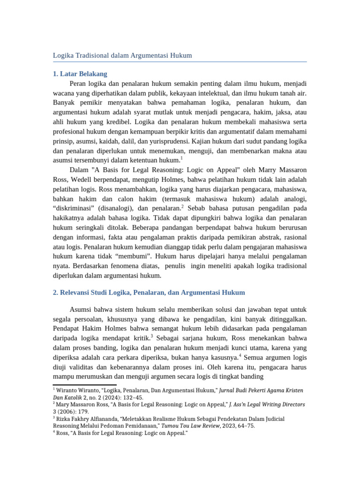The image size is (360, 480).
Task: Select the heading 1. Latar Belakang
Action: (80, 74)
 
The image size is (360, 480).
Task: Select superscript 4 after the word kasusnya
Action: (240, 355)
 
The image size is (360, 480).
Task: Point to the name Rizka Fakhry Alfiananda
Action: (92, 419)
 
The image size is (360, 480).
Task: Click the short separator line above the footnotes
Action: (78, 385)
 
